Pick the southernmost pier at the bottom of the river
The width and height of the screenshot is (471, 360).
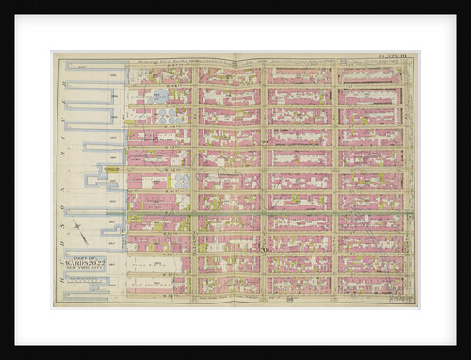tap(89, 295)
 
